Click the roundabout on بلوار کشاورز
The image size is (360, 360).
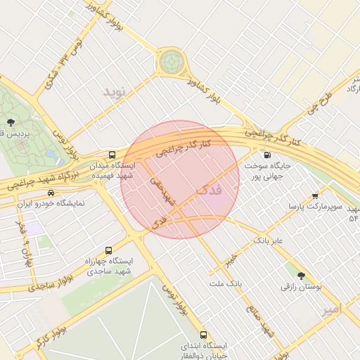click(x=170, y=63)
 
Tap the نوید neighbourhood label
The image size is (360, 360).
click(x=117, y=92)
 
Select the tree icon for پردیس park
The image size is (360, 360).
click(x=9, y=122)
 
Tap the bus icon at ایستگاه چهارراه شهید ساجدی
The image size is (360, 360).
click(x=108, y=250)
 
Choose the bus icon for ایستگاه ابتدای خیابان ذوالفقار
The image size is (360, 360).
click(x=203, y=335)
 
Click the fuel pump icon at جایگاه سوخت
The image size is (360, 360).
click(x=266, y=155)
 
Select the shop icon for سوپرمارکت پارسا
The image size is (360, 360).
click(x=314, y=196)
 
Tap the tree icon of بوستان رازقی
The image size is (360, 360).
click(x=302, y=276)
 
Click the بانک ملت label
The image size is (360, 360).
click(x=225, y=283)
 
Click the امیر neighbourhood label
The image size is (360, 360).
click(x=329, y=309)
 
